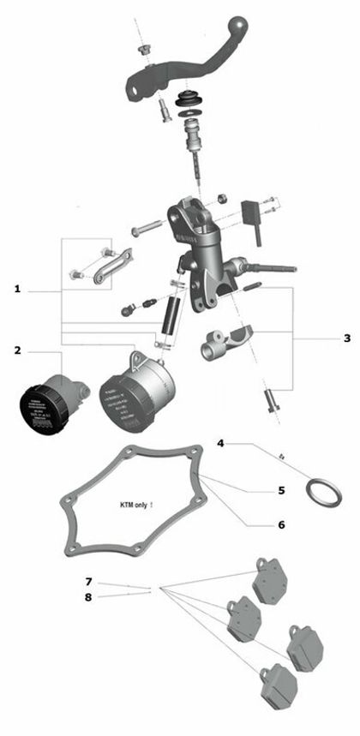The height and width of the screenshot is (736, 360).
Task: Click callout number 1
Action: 17,290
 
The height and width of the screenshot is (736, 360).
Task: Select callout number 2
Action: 17,350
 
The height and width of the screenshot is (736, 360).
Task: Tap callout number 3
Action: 346,338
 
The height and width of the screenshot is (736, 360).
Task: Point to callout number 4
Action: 220,443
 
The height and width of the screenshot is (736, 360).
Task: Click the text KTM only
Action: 136,506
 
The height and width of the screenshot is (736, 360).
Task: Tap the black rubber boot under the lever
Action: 189,101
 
